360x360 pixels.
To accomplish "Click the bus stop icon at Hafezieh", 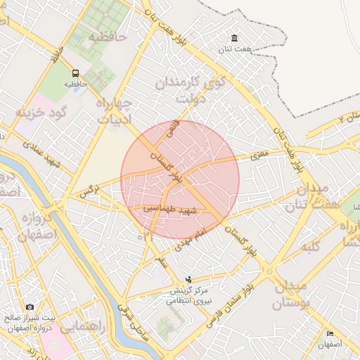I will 75,72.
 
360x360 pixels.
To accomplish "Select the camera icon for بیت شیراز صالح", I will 30,307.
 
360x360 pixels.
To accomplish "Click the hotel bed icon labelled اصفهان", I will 329,333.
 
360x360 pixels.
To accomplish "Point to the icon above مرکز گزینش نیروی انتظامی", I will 187,279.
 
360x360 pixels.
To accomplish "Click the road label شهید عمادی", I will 43,155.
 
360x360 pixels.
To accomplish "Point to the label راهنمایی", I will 83,327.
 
